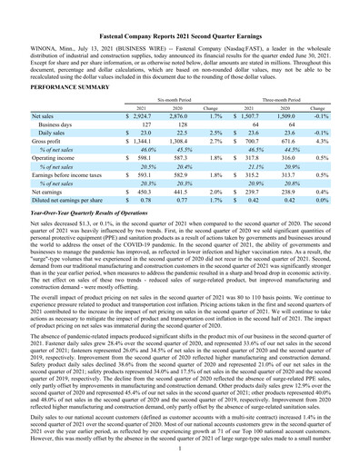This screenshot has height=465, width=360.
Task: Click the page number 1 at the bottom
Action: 180,447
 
